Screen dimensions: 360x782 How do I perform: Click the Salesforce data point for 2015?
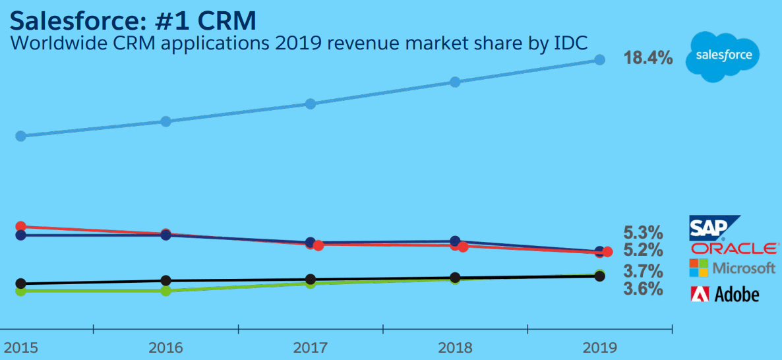[20, 136]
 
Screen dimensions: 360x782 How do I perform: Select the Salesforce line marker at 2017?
[311, 104]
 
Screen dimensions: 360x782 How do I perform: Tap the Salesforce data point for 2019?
[599, 60]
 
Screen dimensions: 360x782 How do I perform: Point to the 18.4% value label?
[648, 59]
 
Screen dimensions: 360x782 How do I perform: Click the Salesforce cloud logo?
[723, 55]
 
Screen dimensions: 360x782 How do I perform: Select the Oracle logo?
[735, 249]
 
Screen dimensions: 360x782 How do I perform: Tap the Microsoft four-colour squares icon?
[698, 268]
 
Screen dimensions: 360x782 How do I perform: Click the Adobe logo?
[724, 294]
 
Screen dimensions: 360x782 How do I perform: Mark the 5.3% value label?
[643, 233]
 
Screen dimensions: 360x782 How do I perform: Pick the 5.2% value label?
[643, 251]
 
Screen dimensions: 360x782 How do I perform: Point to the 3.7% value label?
[643, 271]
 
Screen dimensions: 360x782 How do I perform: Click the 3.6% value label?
[643, 289]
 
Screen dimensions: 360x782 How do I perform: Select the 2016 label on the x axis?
[165, 347]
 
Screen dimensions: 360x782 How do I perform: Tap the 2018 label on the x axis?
[455, 347]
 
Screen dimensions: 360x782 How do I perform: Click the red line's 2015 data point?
[20, 227]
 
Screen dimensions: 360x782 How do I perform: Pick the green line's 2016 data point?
[166, 290]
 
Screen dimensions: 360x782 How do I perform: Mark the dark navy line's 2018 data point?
[455, 242]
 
